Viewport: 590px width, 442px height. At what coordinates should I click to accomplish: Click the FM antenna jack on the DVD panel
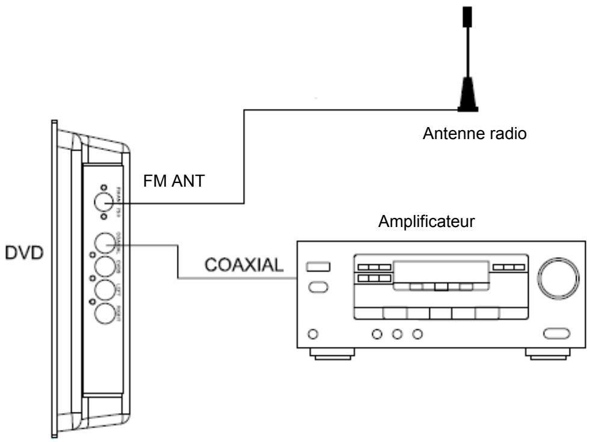click(x=105, y=204)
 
